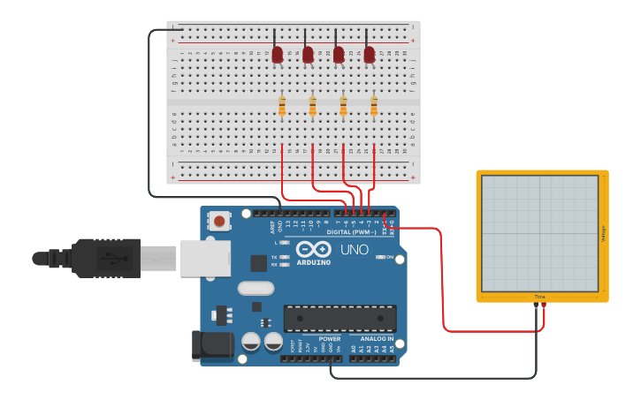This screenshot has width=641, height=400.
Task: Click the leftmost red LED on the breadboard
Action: coord(277,55)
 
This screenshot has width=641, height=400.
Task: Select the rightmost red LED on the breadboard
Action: coord(369,55)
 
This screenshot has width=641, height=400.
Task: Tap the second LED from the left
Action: coord(308,55)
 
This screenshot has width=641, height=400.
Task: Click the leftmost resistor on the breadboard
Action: coord(282,107)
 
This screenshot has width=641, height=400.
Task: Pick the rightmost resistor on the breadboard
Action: coord(374,107)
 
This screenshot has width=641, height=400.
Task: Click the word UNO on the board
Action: coord(354,250)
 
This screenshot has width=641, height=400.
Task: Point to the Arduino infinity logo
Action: coord(313,249)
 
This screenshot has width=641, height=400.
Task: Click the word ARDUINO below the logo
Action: coord(313,262)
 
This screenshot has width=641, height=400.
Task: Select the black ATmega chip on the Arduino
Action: coord(340,318)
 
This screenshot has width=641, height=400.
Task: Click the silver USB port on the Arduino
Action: coord(205,258)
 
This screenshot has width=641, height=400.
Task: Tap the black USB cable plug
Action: coord(106,258)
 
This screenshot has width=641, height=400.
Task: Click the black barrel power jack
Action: coord(213,345)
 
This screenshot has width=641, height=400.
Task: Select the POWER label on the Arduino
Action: coord(330,338)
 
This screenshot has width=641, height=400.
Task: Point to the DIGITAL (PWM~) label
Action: coord(351,231)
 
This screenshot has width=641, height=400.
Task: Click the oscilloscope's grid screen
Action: coord(539,233)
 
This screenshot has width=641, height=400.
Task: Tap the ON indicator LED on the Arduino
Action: coord(379,257)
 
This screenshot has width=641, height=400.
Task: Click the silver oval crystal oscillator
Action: coord(256,288)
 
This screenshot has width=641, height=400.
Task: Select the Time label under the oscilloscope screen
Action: coord(539,297)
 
